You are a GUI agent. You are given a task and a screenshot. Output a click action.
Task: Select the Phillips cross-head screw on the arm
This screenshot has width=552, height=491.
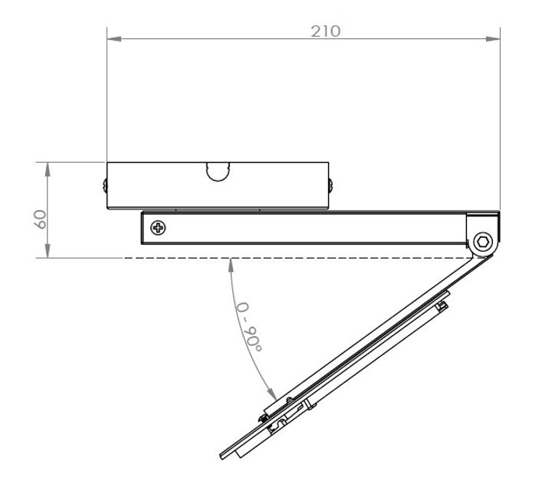pos(158,228)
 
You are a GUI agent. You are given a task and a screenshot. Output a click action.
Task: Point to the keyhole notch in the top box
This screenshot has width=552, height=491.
pos(219,170)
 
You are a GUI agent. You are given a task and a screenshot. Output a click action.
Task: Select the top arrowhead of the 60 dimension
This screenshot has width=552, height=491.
pos(48,167)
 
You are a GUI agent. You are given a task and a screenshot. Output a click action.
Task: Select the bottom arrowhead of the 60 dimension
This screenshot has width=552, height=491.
pos(48,252)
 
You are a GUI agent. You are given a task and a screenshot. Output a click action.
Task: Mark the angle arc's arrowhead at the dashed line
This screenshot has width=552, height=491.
pos(231,265)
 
